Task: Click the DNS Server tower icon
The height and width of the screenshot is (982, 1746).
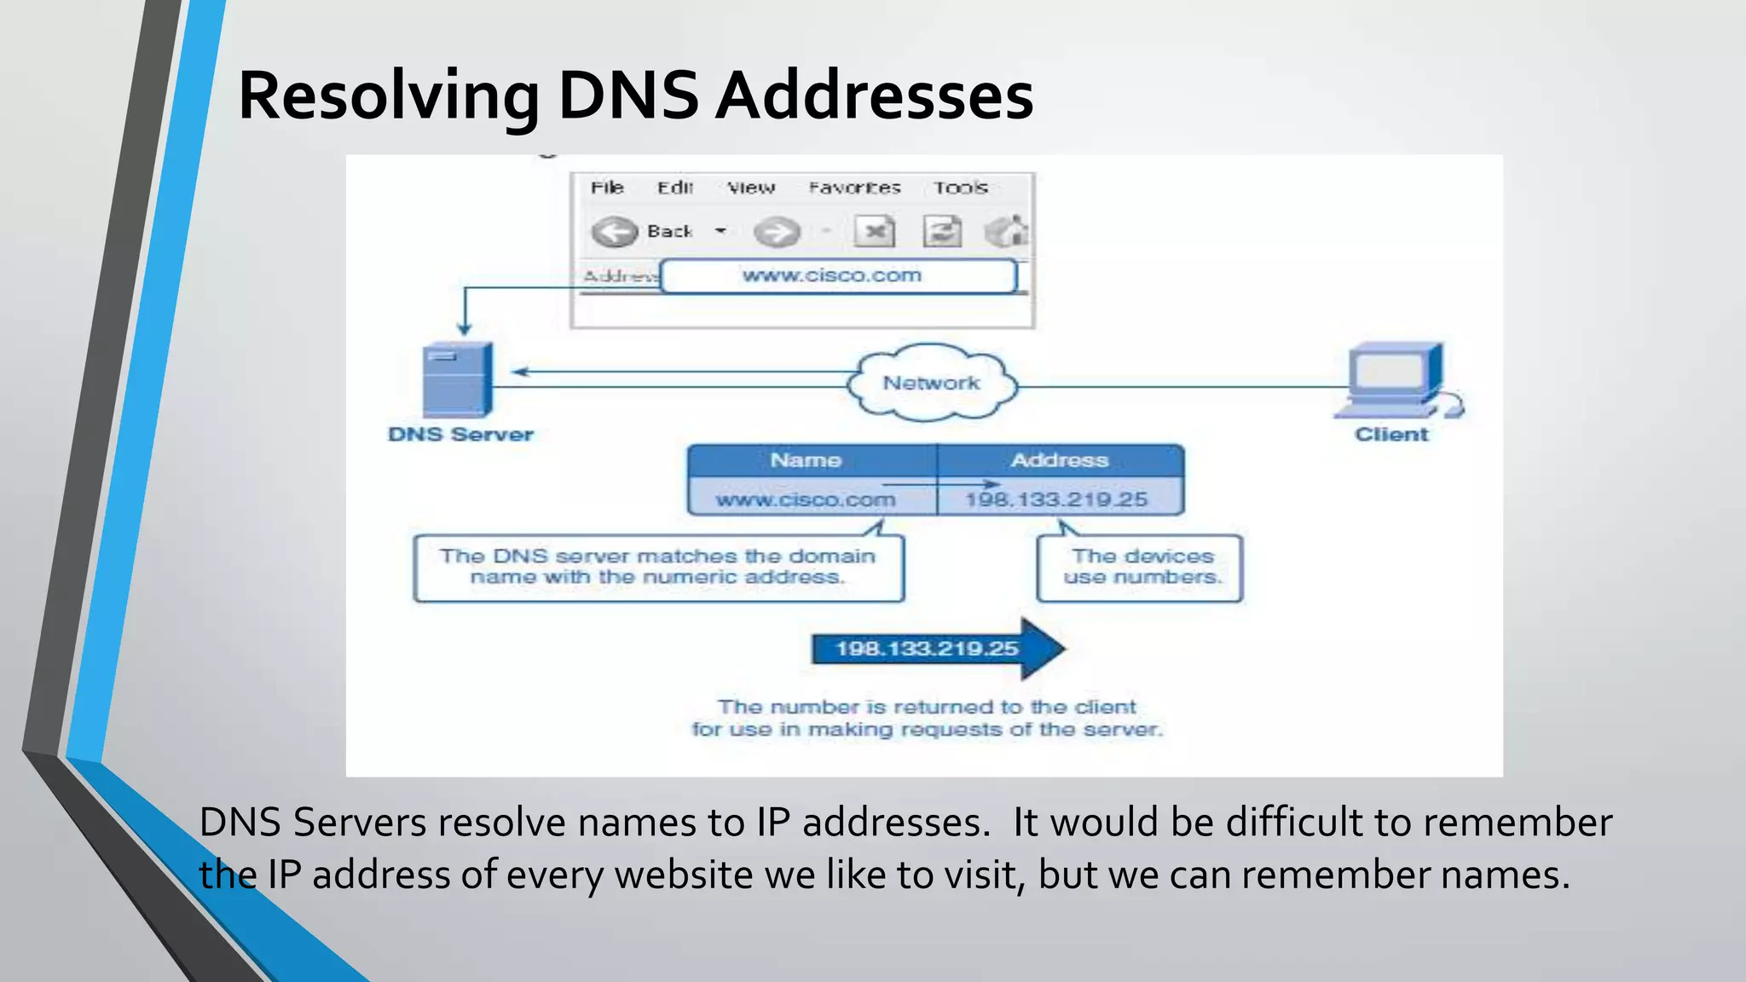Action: [x=458, y=379]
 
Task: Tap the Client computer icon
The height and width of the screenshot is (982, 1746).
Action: [x=1396, y=380]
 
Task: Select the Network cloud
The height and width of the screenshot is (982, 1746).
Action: [x=932, y=384]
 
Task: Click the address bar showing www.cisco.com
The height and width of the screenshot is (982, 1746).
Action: [x=837, y=276]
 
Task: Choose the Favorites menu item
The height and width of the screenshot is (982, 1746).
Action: [x=854, y=188]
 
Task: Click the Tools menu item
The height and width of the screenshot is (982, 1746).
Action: [x=960, y=188]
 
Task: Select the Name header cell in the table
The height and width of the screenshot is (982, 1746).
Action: [x=806, y=460]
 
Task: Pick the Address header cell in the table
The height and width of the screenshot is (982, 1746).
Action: [x=1060, y=460]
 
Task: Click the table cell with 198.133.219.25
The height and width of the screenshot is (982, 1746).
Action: [x=1057, y=500]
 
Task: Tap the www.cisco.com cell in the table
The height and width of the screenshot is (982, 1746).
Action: [x=806, y=500]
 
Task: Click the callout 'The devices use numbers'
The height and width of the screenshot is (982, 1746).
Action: [x=1141, y=568]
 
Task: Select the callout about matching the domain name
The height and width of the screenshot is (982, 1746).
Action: [x=657, y=568]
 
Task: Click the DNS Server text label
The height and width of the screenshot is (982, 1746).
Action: [x=460, y=435]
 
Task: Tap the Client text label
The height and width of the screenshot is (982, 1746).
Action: [x=1391, y=435]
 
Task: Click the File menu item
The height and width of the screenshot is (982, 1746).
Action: [x=607, y=188]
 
